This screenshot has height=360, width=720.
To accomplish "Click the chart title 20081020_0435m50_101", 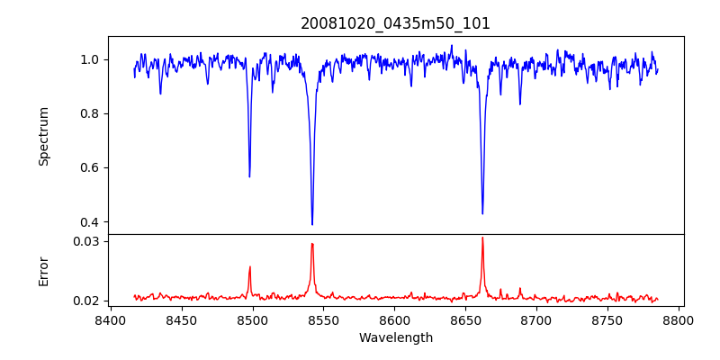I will (395, 23).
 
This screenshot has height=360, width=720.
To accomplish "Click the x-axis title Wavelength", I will (395, 337).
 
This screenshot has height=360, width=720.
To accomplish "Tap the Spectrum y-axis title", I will (43, 136).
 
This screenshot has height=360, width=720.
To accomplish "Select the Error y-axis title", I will (43, 271).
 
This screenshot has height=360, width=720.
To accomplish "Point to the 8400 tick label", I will (110, 319).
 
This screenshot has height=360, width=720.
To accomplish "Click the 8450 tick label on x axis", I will (181, 319).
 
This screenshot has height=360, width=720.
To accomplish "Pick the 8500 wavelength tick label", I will (252, 319).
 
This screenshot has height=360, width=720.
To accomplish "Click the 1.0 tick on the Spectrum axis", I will (89, 59).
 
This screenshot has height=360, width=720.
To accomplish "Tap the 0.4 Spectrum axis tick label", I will (89, 222).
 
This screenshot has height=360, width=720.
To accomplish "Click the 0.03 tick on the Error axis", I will (86, 241).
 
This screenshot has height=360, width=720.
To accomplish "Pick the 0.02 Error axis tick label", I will (86, 301).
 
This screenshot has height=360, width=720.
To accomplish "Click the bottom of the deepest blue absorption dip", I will (312, 224).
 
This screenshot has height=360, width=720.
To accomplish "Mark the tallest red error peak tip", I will (482, 238).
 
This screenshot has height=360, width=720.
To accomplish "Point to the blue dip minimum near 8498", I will (249, 176).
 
